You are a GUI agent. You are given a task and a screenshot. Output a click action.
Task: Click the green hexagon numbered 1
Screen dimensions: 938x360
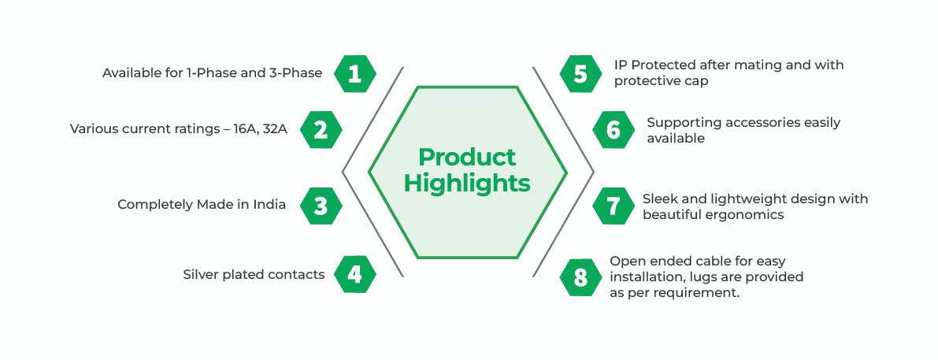tap(354, 73)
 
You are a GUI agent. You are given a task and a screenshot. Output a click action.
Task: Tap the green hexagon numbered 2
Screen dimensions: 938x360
tap(321, 130)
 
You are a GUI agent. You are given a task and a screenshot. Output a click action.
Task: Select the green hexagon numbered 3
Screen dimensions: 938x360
tap(321, 206)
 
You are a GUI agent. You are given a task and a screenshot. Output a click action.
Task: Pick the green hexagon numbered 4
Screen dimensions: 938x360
tap(354, 274)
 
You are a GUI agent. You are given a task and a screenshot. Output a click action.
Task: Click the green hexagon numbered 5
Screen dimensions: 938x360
tap(581, 73)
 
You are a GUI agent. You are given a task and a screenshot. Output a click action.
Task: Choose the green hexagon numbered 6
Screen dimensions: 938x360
tap(614, 130)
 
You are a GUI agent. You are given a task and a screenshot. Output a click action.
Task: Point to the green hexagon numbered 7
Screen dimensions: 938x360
tap(614, 206)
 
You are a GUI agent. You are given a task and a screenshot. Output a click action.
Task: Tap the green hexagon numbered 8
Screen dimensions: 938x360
tap(581, 277)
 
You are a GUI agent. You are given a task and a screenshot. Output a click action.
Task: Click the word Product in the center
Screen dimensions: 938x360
tap(467, 158)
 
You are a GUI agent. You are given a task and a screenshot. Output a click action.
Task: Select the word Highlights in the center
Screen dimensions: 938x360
tap(467, 184)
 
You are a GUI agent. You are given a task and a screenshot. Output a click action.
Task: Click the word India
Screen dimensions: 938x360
tap(270, 205)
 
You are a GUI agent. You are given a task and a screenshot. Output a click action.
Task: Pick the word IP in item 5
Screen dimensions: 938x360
tap(620, 65)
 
